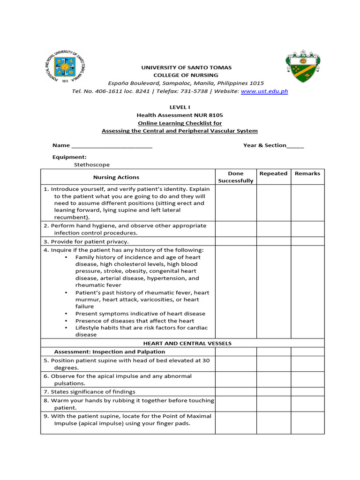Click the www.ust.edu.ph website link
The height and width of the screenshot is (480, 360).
pyautogui.click(x=264, y=91)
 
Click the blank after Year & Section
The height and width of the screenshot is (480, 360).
pyautogui.click(x=295, y=146)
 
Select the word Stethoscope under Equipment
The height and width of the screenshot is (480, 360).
pyautogui.click(x=92, y=165)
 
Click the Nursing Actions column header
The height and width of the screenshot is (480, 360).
pyautogui.click(x=116, y=177)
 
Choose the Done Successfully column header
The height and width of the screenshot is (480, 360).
pyautogui.click(x=235, y=177)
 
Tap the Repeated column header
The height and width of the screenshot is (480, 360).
pyautogui.click(x=273, y=173)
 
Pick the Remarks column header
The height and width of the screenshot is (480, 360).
pyautogui.click(x=307, y=173)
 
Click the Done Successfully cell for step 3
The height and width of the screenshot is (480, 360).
pyautogui.click(x=235, y=241)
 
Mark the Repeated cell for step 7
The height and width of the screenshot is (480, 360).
pyautogui.click(x=273, y=391)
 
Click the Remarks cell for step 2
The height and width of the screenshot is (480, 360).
pyautogui.click(x=307, y=229)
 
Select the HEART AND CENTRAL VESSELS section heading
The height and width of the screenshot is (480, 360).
pyautogui.click(x=187, y=343)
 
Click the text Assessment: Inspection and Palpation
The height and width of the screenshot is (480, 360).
pyautogui.click(x=110, y=352)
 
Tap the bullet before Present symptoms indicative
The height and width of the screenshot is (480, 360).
pyautogui.click(x=67, y=314)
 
